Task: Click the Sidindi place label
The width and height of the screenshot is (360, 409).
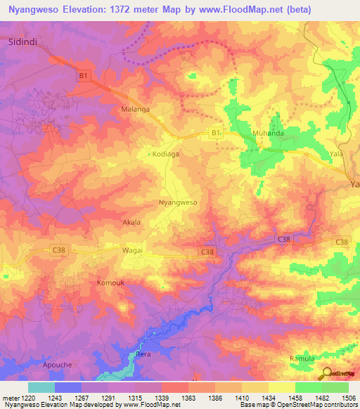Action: (22, 41)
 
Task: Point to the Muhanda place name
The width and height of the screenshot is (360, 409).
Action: (268, 132)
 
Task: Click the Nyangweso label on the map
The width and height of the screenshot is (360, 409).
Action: (178, 202)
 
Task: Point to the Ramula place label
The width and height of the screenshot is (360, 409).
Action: (302, 358)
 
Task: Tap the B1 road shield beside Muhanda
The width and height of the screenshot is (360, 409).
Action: (217, 131)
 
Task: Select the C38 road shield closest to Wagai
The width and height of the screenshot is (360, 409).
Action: (59, 249)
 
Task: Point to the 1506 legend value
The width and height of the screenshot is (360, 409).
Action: (340, 398)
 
